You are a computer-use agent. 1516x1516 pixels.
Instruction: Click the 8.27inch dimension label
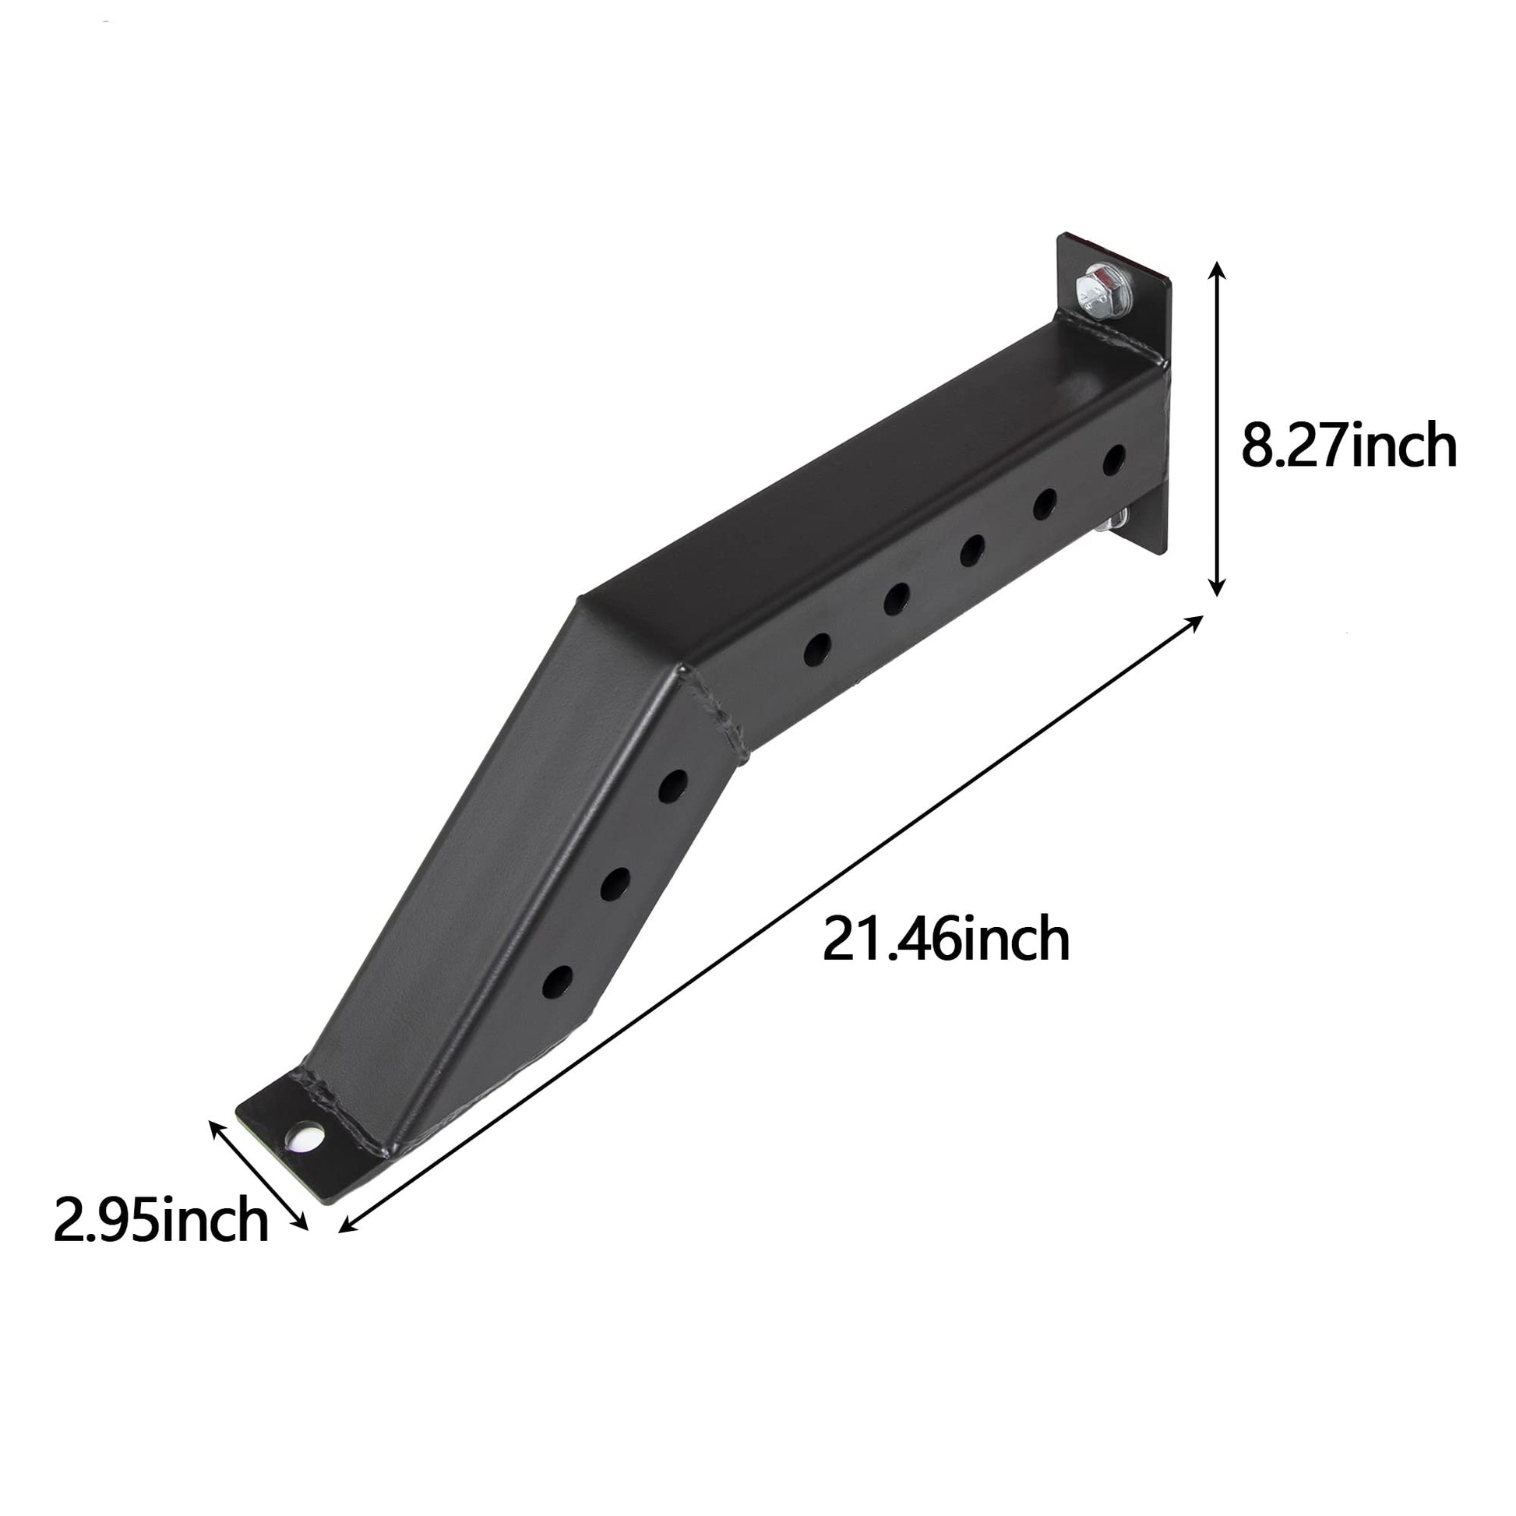point(1349,446)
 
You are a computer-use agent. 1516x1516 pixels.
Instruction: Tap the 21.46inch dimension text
point(947,940)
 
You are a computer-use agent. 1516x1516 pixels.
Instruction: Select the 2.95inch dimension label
point(160,1221)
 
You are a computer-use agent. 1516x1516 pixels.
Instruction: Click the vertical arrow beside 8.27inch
point(1216,428)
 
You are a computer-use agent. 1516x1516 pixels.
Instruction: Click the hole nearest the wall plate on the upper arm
point(1113,460)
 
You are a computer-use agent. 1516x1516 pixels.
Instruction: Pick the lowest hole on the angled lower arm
point(557,982)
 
